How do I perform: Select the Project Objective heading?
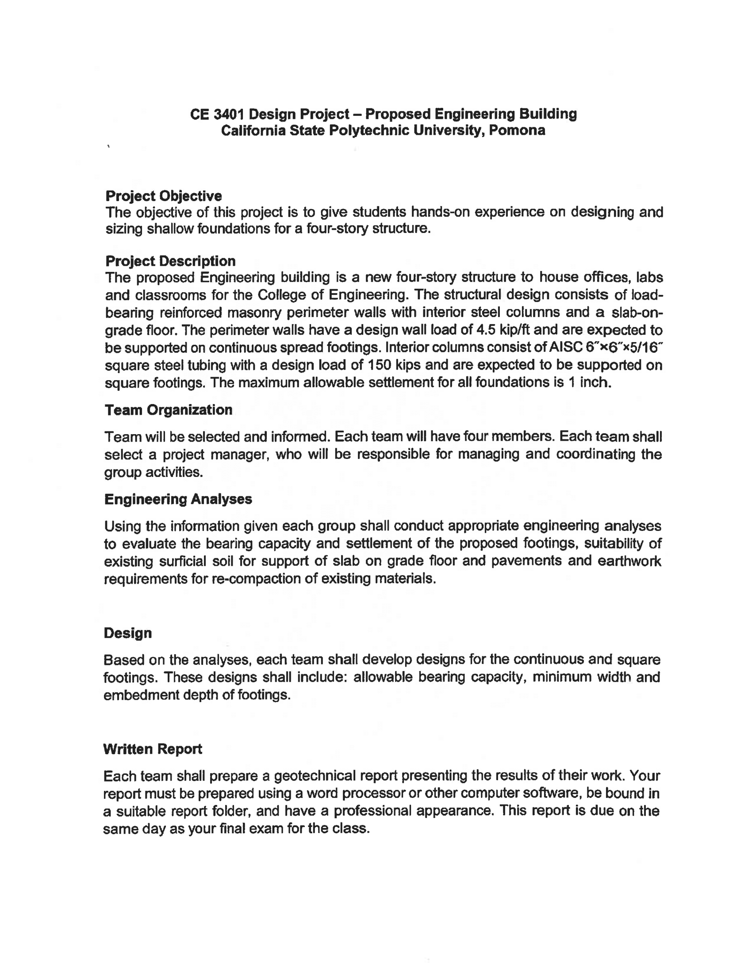(164, 196)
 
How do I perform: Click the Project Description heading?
(170, 261)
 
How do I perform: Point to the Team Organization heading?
(168, 410)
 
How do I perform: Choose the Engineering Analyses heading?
(178, 499)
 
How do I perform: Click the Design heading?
(127, 633)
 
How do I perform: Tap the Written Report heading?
(152, 749)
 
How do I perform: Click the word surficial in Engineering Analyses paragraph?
(182, 561)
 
